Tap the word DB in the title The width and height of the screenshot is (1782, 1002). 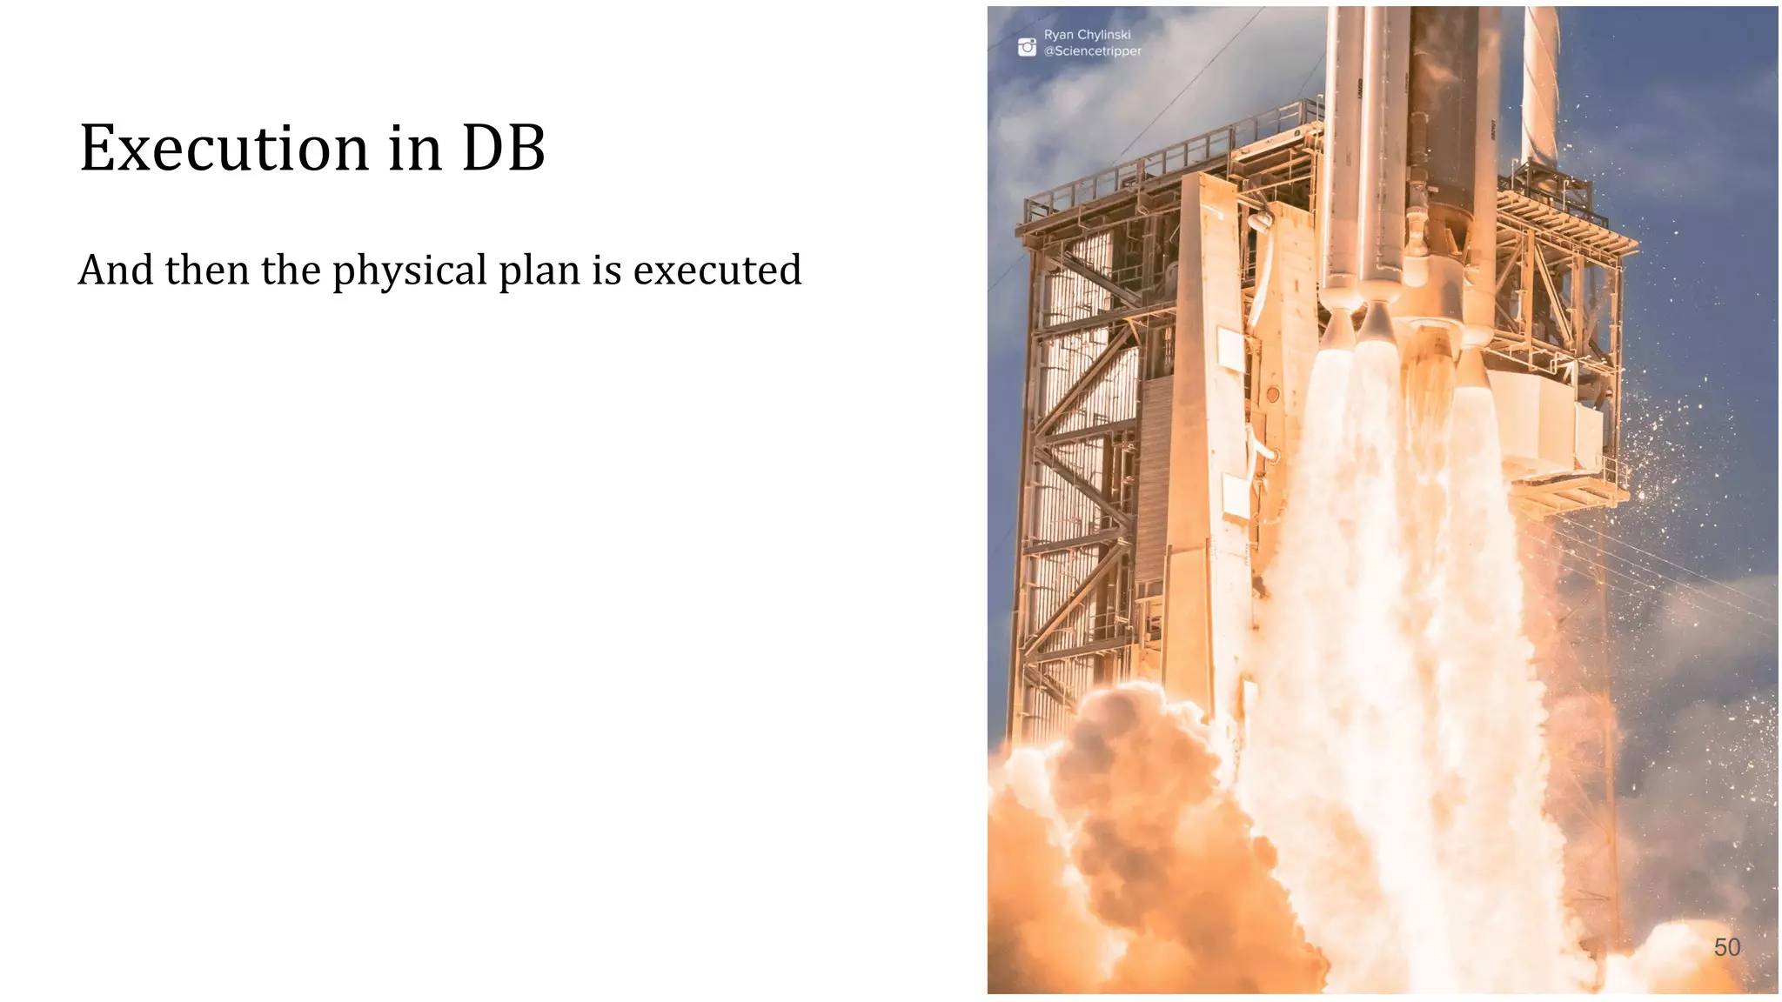pos(503,148)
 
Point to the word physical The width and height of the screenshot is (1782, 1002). pos(410,271)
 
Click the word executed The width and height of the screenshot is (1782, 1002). pos(717,270)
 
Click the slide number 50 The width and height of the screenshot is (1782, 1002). pos(1726,947)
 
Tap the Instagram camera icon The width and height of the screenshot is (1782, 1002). pos(1027,47)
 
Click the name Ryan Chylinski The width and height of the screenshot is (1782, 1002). pos(1087,35)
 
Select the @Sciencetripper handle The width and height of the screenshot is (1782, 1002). pos(1092,51)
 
